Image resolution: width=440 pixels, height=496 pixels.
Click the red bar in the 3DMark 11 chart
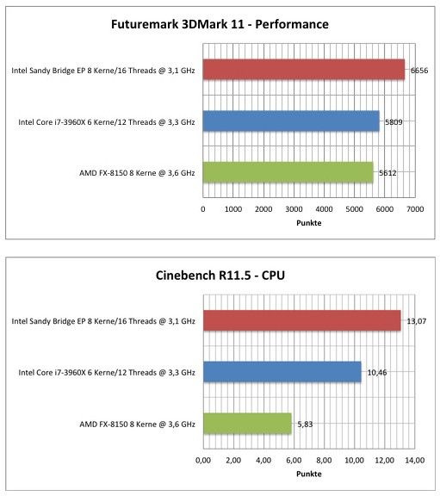[x=304, y=69]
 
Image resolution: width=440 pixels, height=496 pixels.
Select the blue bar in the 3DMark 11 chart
[x=291, y=121]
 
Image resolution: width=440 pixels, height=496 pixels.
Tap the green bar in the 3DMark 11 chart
[x=288, y=172]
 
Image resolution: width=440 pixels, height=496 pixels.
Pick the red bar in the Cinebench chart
[x=301, y=320]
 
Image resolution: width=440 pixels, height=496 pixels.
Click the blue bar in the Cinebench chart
[x=282, y=372]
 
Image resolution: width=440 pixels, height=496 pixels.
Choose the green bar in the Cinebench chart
[x=247, y=424]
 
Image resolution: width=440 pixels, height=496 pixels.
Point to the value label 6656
[x=419, y=71]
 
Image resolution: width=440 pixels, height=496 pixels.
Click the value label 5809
[x=394, y=121]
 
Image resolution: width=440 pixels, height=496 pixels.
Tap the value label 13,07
[x=416, y=321]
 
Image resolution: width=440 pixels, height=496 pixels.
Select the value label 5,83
[x=305, y=425]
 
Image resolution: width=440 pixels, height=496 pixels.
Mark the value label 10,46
[x=377, y=373]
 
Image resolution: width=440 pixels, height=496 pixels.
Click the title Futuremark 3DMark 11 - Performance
[x=220, y=24]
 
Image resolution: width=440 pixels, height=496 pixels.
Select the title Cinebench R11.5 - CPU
[x=220, y=276]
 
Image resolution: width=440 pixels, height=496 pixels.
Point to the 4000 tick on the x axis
[x=324, y=209]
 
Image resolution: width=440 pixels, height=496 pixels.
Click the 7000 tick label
[x=415, y=209]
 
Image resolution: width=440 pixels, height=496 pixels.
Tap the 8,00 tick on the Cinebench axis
[x=324, y=460]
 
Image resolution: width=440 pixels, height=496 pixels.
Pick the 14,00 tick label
[x=415, y=460]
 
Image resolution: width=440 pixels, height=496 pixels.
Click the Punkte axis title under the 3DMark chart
[x=309, y=223]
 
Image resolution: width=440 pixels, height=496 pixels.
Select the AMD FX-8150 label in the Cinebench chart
[x=137, y=425]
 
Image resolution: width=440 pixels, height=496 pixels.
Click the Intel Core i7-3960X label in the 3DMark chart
[x=107, y=121]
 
